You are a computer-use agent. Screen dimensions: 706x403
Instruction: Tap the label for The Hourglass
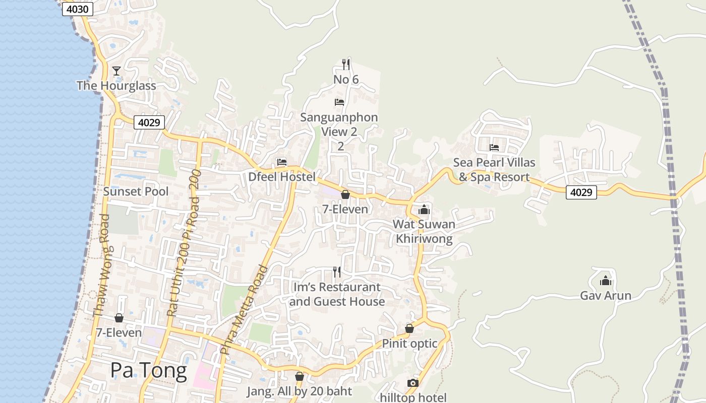116,86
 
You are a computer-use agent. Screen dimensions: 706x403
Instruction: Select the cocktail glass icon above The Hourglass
116,71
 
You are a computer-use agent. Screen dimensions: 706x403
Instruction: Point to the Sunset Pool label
136,191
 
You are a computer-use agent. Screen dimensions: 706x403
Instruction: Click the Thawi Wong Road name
103,266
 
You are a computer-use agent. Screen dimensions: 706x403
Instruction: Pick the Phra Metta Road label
243,310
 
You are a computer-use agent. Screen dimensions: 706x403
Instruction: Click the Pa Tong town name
148,370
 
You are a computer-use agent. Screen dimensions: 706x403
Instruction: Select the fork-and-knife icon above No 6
345,64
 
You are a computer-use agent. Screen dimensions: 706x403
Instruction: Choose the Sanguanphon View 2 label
339,124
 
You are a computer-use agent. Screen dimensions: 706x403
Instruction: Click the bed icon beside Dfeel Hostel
282,162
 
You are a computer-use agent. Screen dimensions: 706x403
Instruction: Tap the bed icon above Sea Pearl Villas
494,147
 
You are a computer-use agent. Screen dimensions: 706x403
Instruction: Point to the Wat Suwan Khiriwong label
424,231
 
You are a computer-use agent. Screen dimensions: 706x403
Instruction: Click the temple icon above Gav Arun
605,280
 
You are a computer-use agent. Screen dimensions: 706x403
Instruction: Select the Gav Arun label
605,295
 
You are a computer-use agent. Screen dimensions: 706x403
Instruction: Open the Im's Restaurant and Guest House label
337,294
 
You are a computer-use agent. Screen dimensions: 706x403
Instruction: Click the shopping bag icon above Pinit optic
409,328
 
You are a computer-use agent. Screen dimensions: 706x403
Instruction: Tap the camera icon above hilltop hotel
413,383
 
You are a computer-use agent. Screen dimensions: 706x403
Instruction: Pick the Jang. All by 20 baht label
299,391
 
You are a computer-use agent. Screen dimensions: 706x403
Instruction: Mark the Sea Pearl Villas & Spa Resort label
494,170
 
